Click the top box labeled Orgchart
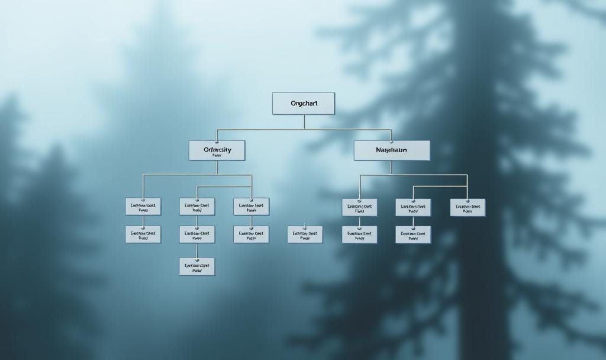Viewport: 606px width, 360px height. pyautogui.click(x=304, y=103)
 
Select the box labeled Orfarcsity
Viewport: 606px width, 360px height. pyautogui.click(x=217, y=150)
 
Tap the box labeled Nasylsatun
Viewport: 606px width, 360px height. pyautogui.click(x=392, y=150)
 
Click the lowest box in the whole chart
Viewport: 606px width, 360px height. pyautogui.click(x=197, y=266)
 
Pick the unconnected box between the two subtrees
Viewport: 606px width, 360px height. pyautogui.click(x=305, y=234)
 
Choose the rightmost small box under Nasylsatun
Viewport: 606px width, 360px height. pyautogui.click(x=468, y=207)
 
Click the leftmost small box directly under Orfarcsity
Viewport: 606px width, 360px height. pyautogui.click(x=143, y=207)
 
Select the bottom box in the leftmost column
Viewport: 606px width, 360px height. pyautogui.click(x=143, y=234)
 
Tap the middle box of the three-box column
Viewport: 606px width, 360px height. pyautogui.click(x=197, y=234)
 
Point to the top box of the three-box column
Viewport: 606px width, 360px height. pyautogui.click(x=197, y=207)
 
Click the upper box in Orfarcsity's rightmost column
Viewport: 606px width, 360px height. pyautogui.click(x=251, y=207)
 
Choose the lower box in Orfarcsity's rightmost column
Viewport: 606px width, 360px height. pyautogui.click(x=251, y=234)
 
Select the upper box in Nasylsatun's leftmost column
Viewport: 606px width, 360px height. pyautogui.click(x=359, y=207)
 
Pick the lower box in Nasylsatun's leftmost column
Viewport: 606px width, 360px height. pyautogui.click(x=359, y=234)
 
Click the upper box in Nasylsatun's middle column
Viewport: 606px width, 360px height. pyautogui.click(x=413, y=207)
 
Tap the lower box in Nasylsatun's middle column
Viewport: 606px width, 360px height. pyautogui.click(x=413, y=234)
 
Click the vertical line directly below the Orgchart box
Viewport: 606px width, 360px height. pyautogui.click(x=304, y=122)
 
